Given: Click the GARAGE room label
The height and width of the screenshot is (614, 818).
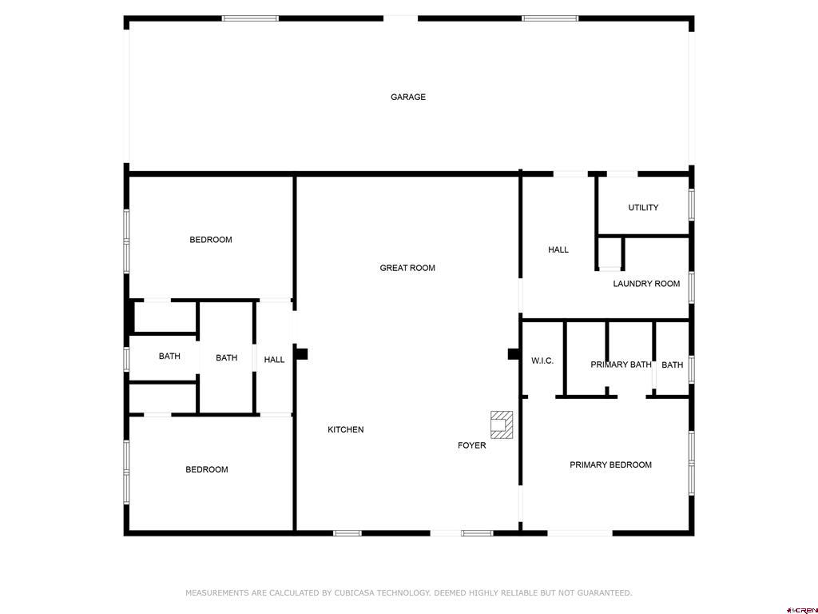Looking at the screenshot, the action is point(408,97).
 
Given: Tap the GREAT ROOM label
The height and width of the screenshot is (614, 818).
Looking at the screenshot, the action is point(407,268).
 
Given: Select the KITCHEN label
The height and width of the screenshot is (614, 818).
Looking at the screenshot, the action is point(345,429).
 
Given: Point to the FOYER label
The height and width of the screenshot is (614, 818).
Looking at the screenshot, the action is point(471,445).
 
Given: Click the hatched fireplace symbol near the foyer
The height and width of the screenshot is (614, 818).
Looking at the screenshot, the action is point(502,425).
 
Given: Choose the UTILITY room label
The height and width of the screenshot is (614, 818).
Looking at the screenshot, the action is point(643,207).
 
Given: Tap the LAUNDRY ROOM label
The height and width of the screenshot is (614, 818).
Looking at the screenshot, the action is point(646,284).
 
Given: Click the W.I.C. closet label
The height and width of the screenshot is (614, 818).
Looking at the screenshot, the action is point(542,361).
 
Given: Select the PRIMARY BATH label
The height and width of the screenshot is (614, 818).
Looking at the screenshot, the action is point(621,365).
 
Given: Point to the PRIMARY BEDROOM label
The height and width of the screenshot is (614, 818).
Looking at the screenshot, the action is point(610,464).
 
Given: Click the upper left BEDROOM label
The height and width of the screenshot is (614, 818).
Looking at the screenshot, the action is point(211,240).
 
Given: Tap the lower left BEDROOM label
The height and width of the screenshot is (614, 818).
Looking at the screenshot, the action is point(207,469).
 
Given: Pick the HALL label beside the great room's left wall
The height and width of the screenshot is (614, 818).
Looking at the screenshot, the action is point(274,360).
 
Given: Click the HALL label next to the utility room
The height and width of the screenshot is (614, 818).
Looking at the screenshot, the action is point(558,249).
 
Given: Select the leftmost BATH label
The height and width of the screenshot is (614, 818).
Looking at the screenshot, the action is point(169,356).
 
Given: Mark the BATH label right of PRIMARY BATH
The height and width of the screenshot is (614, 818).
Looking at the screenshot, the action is point(672,365).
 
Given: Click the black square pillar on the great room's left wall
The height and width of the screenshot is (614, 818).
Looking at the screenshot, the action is point(301,354).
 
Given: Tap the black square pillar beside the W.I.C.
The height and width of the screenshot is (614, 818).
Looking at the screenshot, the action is point(514,354).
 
